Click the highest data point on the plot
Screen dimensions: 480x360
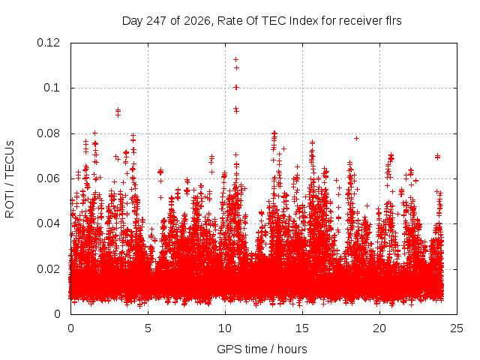235,59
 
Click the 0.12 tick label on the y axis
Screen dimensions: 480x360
48,43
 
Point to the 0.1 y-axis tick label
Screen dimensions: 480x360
52,88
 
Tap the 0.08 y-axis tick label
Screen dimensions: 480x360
48,133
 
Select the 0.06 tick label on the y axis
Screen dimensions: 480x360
48,178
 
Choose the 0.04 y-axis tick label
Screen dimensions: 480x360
48,223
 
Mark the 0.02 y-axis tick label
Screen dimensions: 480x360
48,269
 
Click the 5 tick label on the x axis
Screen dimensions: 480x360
148,328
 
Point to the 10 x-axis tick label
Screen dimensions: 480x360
225,328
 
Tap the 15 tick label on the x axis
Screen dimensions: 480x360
302,328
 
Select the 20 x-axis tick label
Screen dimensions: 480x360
379,328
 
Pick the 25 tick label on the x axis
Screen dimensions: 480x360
457,328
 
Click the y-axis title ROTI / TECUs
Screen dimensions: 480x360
10,179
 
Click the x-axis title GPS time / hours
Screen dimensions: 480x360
262,349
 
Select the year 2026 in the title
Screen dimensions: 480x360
197,21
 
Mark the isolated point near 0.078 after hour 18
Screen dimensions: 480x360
356,138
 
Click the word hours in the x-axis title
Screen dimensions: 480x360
292,349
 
